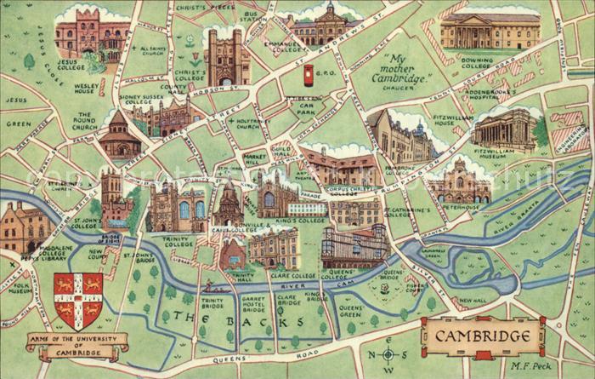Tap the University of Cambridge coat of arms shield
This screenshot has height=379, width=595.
coord(77,301)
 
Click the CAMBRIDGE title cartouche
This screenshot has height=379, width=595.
coord(481,336)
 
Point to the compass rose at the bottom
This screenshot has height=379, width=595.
coord(388,353)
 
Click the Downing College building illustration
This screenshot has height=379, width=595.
coord(490,32)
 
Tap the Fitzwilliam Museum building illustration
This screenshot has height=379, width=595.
coord(505,129)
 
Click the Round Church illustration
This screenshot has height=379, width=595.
coord(120,138)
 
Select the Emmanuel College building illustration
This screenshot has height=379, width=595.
coord(326,26)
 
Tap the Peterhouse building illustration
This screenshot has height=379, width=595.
coord(459,182)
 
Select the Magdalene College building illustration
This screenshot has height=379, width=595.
coord(24,227)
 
